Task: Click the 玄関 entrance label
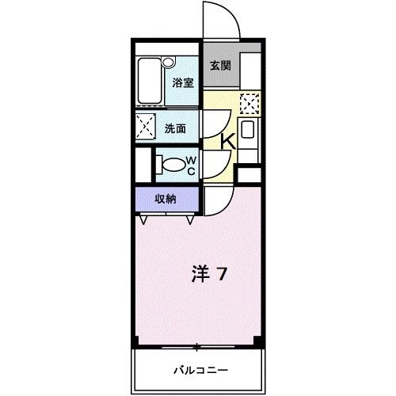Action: click(x=219, y=67)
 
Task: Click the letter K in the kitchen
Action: click(x=227, y=141)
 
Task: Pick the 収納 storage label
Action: click(x=166, y=199)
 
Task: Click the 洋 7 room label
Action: click(x=210, y=274)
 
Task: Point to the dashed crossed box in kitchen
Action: click(x=249, y=103)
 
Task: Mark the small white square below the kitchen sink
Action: click(x=249, y=175)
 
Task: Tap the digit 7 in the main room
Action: click(x=223, y=274)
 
